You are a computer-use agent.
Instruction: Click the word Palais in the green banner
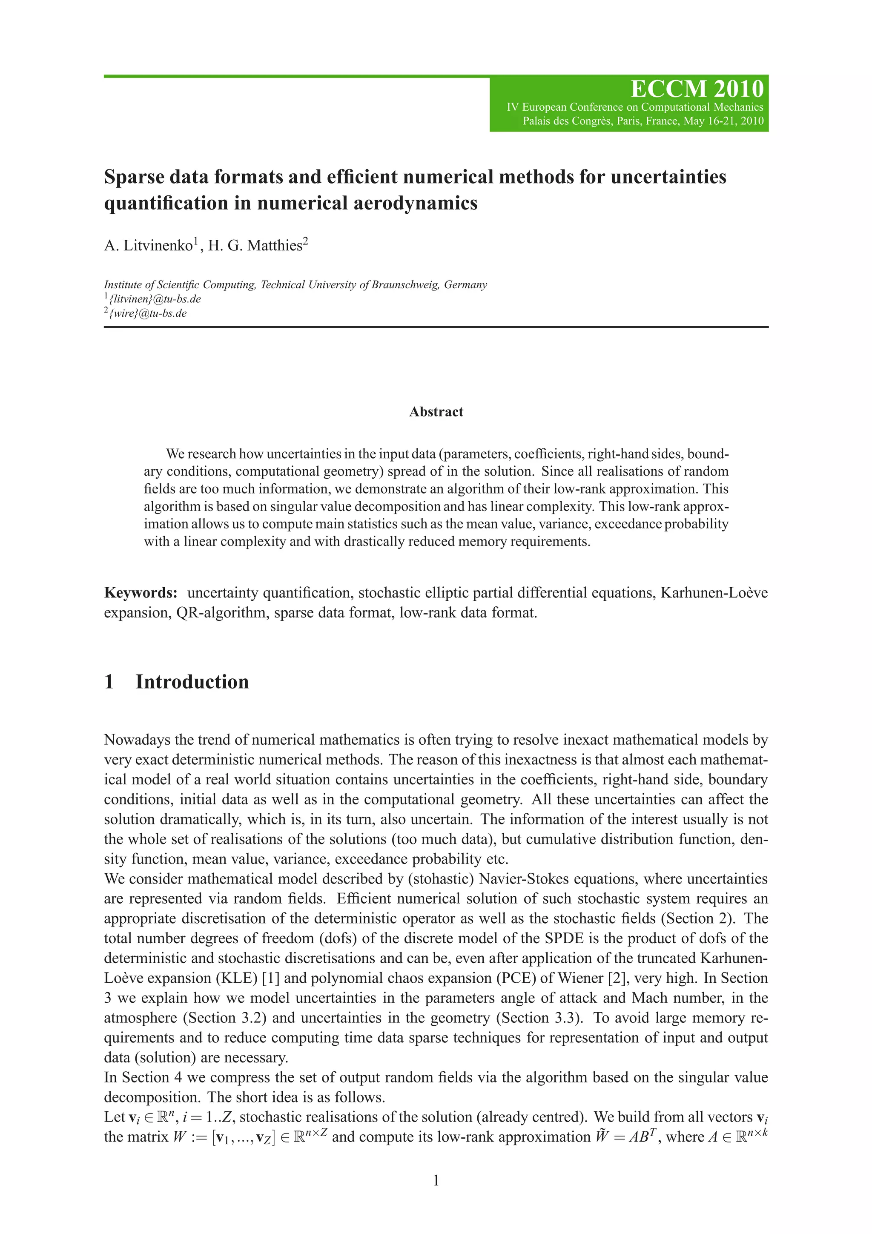point(538,121)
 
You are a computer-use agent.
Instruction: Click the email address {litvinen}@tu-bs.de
point(155,299)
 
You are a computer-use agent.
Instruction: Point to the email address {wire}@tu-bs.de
point(148,313)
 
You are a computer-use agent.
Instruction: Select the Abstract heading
point(436,412)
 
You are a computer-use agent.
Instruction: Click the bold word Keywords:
point(140,593)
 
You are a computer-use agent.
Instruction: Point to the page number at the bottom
point(436,1180)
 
